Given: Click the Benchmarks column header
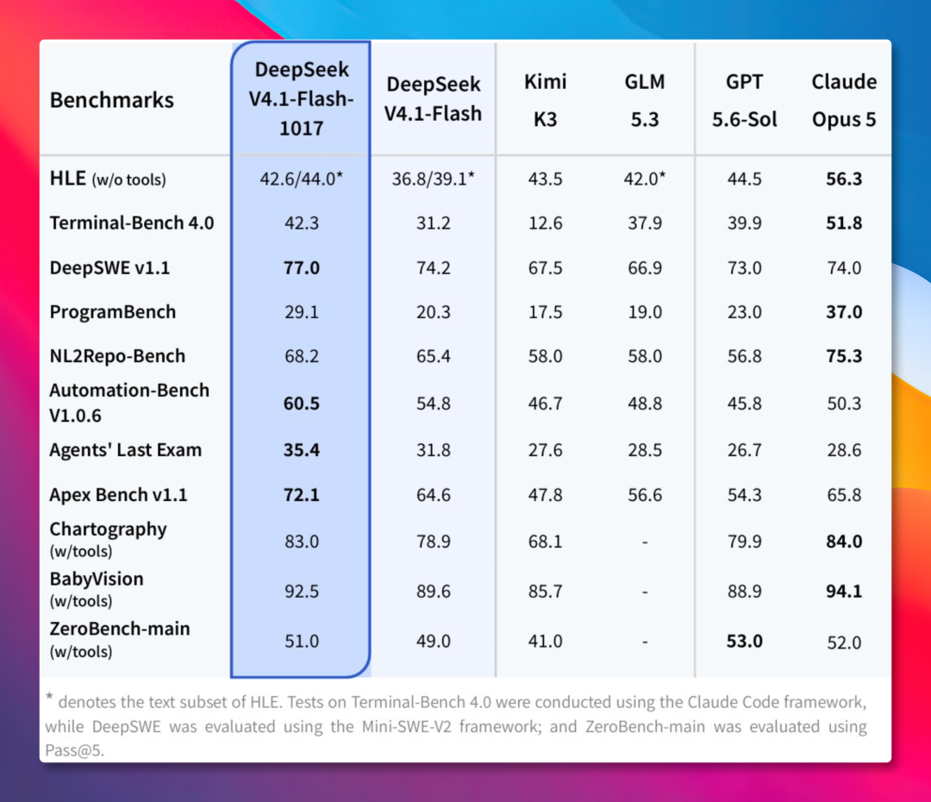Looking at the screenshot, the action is (111, 100).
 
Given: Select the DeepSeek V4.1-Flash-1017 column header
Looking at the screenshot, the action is (302, 98).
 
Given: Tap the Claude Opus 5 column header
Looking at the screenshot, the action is (844, 100).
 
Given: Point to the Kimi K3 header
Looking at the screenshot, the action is (545, 100).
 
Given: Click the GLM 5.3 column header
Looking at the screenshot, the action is (645, 100).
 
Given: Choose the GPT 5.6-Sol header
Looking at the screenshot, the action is (745, 100).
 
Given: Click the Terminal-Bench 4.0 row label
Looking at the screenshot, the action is (132, 222).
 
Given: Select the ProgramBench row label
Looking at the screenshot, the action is (113, 312).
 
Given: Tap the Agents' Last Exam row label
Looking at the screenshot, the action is (125, 449).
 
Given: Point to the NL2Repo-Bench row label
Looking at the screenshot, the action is (117, 356).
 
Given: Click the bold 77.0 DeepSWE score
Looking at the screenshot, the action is (302, 268).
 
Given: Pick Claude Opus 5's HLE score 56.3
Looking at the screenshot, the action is (844, 179).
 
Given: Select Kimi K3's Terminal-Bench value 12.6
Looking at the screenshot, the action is (545, 222).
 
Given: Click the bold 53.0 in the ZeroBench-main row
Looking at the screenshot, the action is (745, 641).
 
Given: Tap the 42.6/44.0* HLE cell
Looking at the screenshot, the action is (302, 179).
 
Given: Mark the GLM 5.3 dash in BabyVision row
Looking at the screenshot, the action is (645, 592).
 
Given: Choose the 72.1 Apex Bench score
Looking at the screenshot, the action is (302, 495).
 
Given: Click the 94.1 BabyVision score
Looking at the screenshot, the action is (844, 591).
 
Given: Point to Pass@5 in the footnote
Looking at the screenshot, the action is (74, 750).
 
